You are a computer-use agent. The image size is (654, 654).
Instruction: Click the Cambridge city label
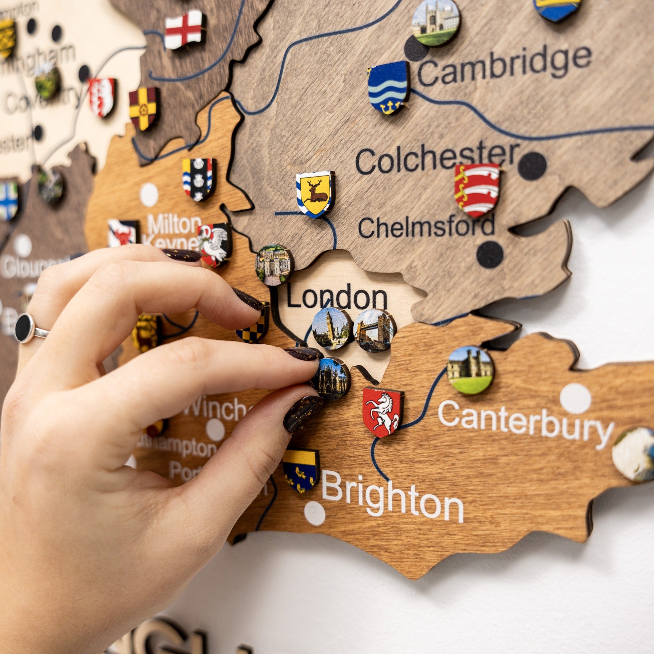(504, 66)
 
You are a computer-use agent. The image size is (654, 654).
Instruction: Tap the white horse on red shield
(383, 412)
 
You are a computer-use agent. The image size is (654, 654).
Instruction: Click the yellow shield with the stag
(315, 194)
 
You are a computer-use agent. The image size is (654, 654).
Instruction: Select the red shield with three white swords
(477, 190)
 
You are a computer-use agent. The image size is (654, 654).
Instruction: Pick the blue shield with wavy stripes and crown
(388, 87)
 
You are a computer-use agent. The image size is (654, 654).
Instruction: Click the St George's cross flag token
(184, 29)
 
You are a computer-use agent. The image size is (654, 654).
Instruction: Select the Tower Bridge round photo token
(374, 330)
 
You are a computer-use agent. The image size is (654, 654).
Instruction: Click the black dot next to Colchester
(532, 166)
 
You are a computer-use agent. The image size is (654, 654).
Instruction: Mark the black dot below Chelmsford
(490, 254)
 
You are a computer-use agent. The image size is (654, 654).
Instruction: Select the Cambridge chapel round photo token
(436, 22)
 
